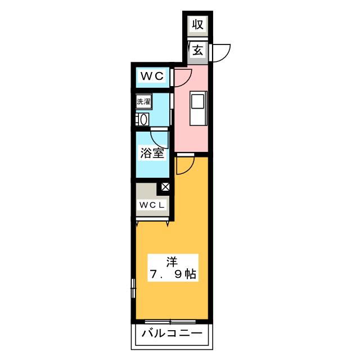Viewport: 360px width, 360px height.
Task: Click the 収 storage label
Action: (197, 25)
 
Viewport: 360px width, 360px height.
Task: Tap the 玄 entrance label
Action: (197, 50)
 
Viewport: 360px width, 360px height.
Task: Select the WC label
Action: (152, 76)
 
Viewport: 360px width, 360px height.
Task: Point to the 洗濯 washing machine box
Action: (144, 101)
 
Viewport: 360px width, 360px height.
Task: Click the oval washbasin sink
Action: (144, 120)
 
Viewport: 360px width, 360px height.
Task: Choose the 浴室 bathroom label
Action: (152, 153)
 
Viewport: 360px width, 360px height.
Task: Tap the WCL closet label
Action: (152, 205)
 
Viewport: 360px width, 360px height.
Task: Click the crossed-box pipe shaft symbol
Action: (165, 187)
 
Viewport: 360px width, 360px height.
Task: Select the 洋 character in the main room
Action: (172, 263)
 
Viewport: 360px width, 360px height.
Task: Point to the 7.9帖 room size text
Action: (173, 274)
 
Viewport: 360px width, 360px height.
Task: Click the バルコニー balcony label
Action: (172, 333)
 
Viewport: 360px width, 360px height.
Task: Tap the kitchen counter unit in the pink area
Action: (199, 109)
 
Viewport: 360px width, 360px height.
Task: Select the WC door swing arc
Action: (188, 80)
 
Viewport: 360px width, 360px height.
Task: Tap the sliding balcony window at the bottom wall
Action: (170, 322)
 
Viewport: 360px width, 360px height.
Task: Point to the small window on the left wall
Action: (133, 288)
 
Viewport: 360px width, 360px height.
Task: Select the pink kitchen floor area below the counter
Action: (191, 139)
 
